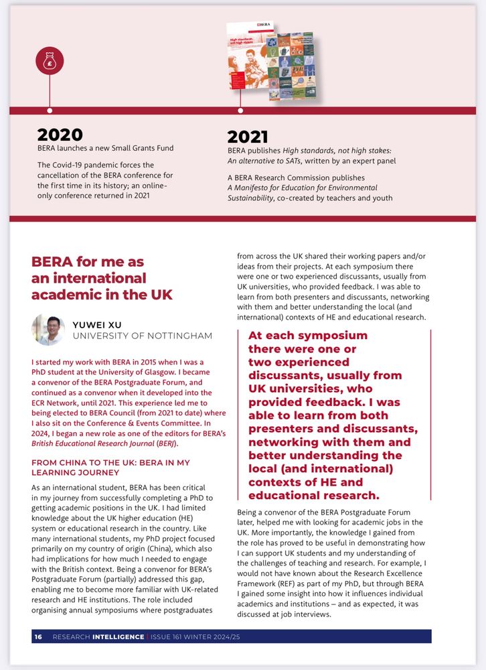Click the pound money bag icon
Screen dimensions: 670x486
click(50, 64)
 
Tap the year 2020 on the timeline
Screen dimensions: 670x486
click(60, 135)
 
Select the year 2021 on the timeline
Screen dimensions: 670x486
click(248, 137)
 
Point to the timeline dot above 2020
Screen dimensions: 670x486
click(50, 111)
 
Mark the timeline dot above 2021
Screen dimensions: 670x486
click(240, 111)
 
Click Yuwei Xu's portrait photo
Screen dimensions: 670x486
click(48, 330)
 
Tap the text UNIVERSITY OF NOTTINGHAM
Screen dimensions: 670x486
click(142, 336)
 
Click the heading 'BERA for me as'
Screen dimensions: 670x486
click(88, 262)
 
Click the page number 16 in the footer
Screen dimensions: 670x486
click(38, 636)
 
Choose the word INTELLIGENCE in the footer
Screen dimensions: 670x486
click(118, 636)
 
